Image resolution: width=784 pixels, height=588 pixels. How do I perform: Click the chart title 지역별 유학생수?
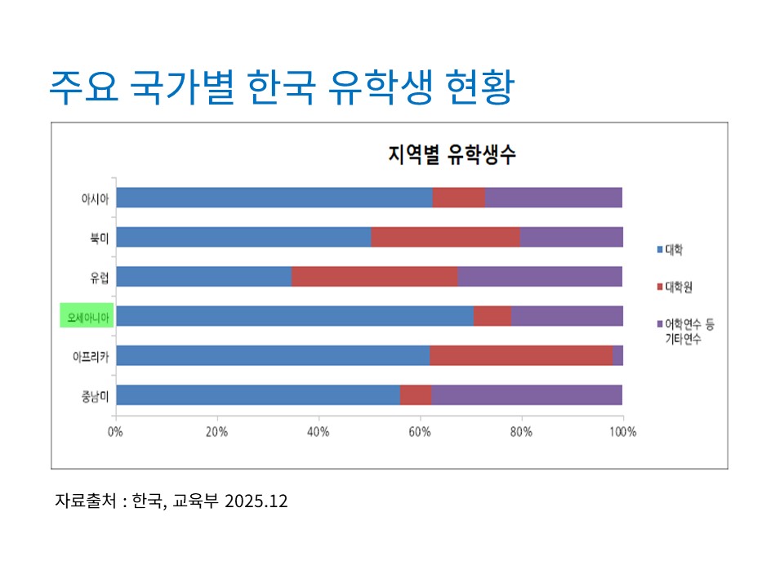click(x=451, y=156)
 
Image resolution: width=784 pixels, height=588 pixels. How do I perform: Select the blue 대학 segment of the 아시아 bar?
click(x=274, y=198)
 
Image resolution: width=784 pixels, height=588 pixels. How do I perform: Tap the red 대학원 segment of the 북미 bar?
click(x=445, y=237)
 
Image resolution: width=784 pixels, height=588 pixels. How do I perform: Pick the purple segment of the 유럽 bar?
click(x=540, y=276)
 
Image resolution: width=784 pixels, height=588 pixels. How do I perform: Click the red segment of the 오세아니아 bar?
click(x=492, y=316)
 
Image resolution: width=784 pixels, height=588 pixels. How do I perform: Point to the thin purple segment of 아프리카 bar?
click(x=617, y=355)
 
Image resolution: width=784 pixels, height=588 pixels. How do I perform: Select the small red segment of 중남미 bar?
click(x=416, y=394)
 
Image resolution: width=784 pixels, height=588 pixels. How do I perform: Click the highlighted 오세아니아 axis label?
click(x=87, y=316)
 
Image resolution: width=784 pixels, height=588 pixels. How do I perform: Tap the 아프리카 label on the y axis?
click(x=91, y=356)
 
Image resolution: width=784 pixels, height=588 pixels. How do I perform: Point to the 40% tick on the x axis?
click(x=318, y=431)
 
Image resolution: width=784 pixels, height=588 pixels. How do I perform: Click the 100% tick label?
click(x=622, y=431)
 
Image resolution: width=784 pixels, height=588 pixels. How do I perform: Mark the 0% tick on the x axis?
click(x=116, y=431)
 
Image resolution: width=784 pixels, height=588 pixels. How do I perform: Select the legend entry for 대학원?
click(x=679, y=287)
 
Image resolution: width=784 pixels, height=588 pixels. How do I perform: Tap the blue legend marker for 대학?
click(x=660, y=248)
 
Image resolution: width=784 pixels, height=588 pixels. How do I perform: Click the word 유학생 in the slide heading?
click(x=383, y=88)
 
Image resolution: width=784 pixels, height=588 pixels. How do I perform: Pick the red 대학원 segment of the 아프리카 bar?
click(x=521, y=355)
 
